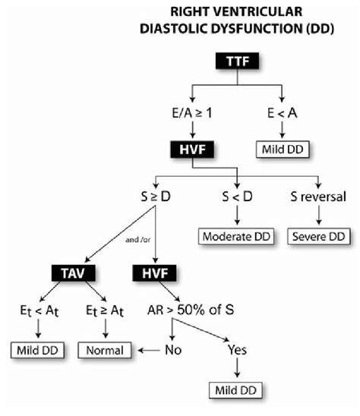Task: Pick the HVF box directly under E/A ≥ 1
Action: click(190, 152)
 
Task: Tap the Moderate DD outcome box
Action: click(238, 237)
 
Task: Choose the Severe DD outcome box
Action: click(319, 237)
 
